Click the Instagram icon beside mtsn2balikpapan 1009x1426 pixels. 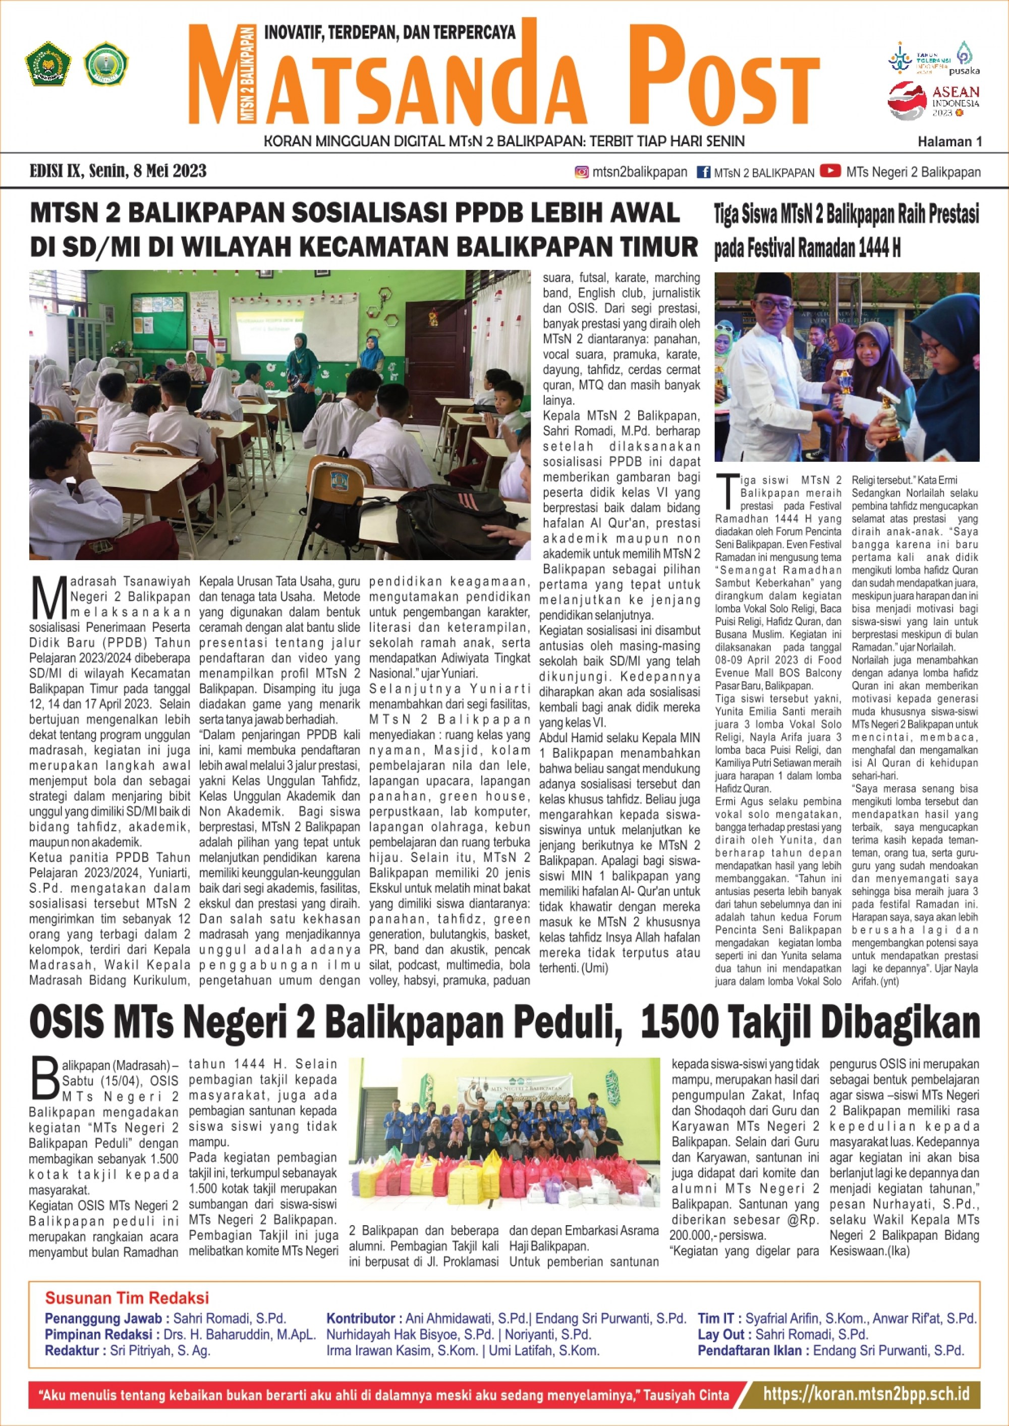click(x=582, y=172)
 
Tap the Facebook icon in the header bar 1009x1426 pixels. click(x=703, y=172)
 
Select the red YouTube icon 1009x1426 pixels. click(x=830, y=171)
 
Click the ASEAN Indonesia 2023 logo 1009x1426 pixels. click(x=933, y=100)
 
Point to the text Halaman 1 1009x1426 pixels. click(x=949, y=142)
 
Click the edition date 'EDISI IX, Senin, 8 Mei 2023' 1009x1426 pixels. click(x=118, y=171)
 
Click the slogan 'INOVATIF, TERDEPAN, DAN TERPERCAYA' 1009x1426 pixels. click(x=389, y=32)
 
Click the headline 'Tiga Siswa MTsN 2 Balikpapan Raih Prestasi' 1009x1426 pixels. click(x=846, y=215)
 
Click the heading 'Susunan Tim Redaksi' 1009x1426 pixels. click(x=127, y=1298)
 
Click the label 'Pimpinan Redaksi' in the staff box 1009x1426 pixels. click(x=98, y=1334)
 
